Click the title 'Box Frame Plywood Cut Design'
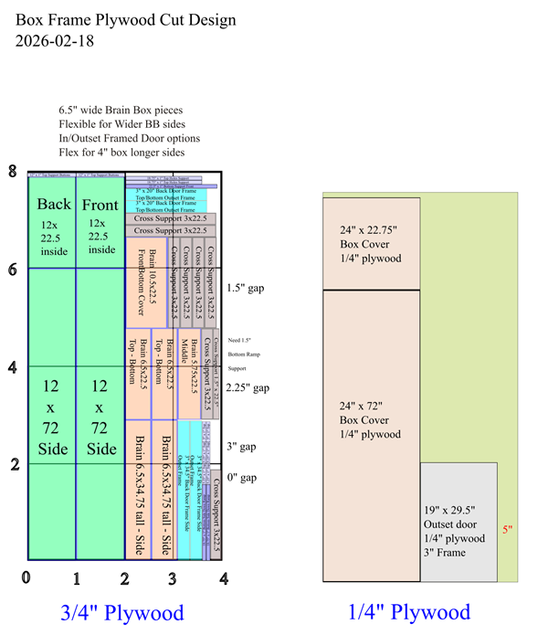tap(125, 20)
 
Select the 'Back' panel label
tap(54, 204)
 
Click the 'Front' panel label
tap(100, 205)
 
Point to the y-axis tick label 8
tap(12, 172)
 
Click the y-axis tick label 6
tap(12, 270)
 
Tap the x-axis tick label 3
tap(173, 577)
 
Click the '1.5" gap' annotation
tap(245, 288)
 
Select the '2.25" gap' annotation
tap(248, 387)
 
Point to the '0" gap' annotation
tap(243, 477)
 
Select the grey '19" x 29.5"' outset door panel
tap(458, 521)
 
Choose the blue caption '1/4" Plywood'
tap(409, 612)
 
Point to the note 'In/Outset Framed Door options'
tap(129, 138)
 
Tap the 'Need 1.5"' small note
tap(239, 339)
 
